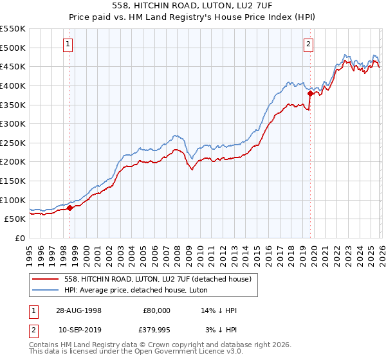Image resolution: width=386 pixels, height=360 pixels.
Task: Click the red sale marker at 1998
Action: coord(70,208)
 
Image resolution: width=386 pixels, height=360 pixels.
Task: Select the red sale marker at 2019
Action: coord(310,93)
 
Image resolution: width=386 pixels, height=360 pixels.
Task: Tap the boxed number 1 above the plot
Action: coord(68,44)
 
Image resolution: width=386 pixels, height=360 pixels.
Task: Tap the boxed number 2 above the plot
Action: coord(309,44)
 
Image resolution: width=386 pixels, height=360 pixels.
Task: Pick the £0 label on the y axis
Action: coord(20,238)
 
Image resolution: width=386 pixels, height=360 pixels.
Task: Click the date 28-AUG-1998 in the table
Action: coord(78,310)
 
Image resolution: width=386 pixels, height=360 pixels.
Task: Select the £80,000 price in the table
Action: coord(156,310)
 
